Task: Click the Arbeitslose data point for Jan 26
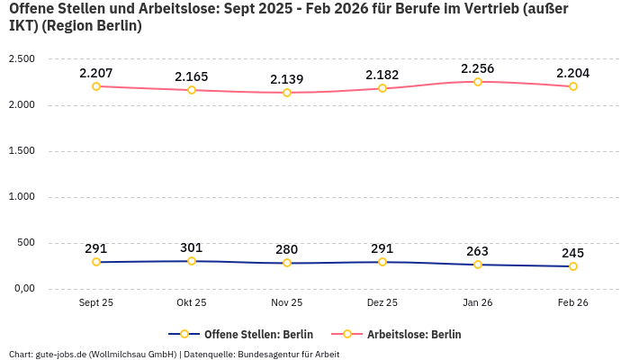coord(478,82)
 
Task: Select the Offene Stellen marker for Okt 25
coord(192,261)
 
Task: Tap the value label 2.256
coord(478,68)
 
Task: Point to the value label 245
coord(573,253)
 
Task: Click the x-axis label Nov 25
coord(287,303)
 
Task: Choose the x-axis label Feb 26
coord(573,303)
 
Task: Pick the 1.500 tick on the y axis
coord(21,151)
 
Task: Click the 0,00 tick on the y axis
coord(22,289)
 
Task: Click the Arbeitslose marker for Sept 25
coord(96,86)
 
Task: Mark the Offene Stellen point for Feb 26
coord(573,266)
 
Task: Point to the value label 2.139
coord(287,79)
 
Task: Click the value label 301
coord(192,247)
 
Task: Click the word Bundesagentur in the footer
coord(270,354)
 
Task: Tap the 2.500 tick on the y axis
coord(21,59)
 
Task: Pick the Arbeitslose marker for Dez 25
coord(382,88)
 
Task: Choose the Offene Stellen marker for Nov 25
coord(287,263)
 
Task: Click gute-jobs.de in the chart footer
coord(60,354)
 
